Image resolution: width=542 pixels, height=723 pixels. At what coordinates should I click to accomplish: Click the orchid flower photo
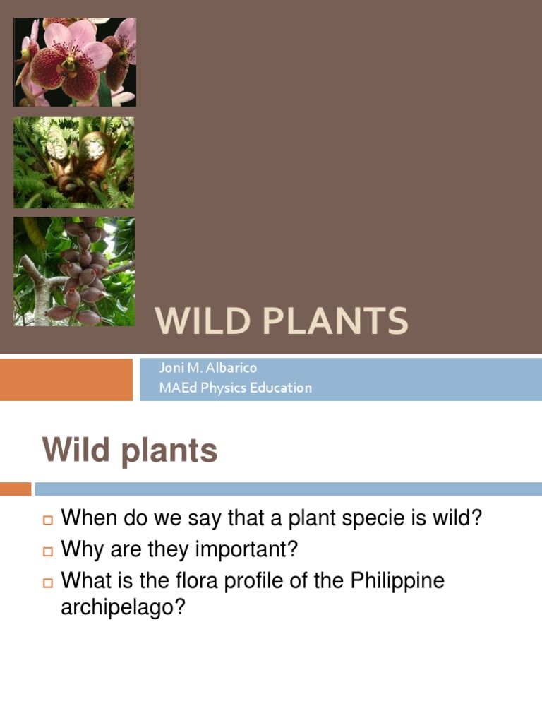click(74, 62)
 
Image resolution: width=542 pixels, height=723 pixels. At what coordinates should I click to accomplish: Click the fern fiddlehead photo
click(74, 162)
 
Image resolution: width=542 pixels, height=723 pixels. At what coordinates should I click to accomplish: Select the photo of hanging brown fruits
click(74, 271)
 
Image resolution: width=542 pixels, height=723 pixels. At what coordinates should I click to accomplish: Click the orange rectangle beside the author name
click(66, 379)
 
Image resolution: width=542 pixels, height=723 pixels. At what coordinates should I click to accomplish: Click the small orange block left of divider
click(16, 489)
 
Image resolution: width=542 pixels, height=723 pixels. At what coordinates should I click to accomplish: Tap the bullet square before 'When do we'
click(48, 520)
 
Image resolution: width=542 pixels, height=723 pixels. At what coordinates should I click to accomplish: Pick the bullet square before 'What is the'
click(48, 582)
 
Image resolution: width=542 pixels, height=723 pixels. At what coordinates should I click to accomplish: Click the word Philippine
click(398, 582)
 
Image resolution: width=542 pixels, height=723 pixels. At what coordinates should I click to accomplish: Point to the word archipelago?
click(123, 608)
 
